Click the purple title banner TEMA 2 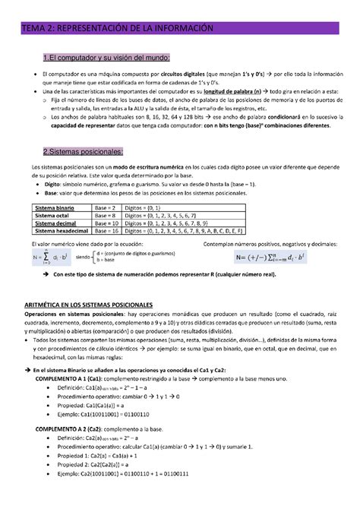tap(179, 28)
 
